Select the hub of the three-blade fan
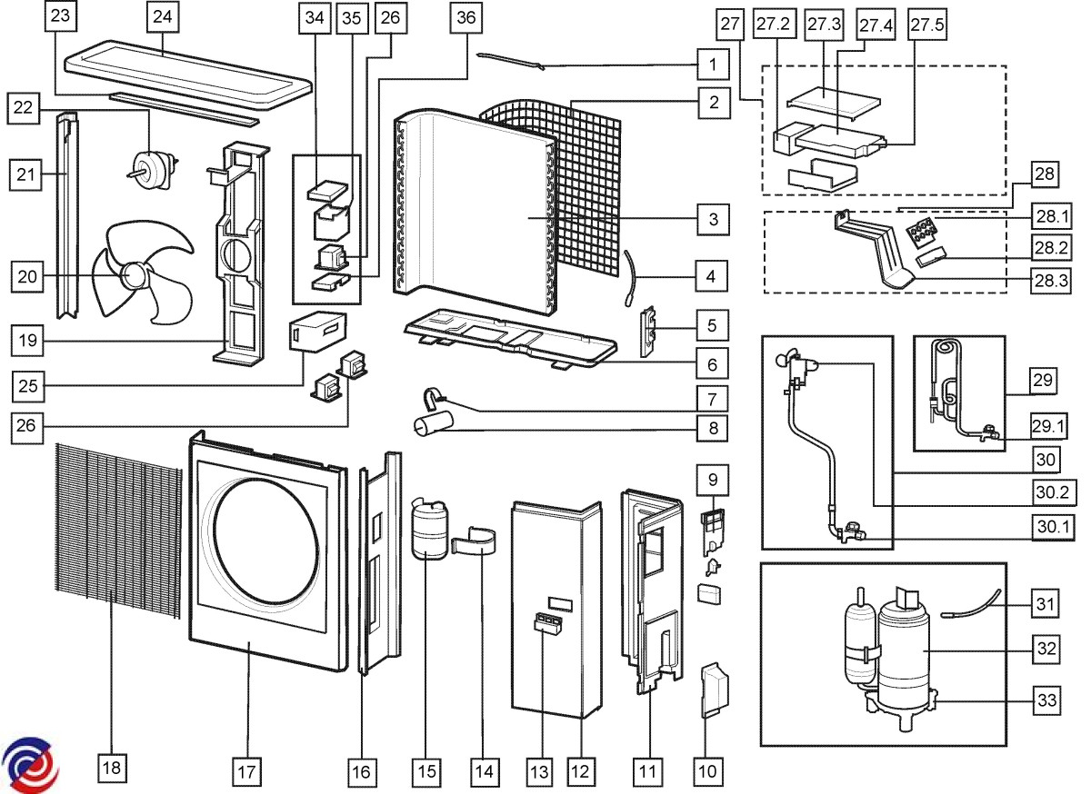coord(136,274)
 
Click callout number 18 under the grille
coord(111,768)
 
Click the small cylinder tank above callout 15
coord(425,531)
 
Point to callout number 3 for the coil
coord(714,219)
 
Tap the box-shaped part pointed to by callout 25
coord(317,331)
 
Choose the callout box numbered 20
coord(29,277)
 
